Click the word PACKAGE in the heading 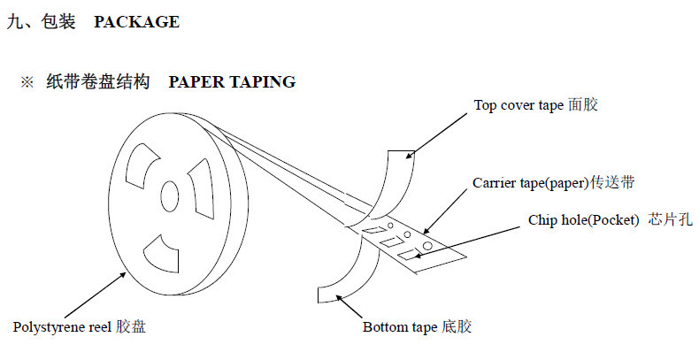pos(136,22)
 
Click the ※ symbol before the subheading pos(27,82)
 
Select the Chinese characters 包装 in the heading pos(58,21)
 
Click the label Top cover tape pos(518,105)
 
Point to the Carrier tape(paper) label pos(531,183)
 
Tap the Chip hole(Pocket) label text pos(584,220)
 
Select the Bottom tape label pos(400,327)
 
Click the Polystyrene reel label pos(62,327)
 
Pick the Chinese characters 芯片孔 pos(670,219)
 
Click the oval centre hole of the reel pos(169,196)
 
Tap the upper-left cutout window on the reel pos(142,165)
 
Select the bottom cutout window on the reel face pos(162,254)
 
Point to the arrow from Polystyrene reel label pos(95,295)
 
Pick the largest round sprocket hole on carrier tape pos(427,246)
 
